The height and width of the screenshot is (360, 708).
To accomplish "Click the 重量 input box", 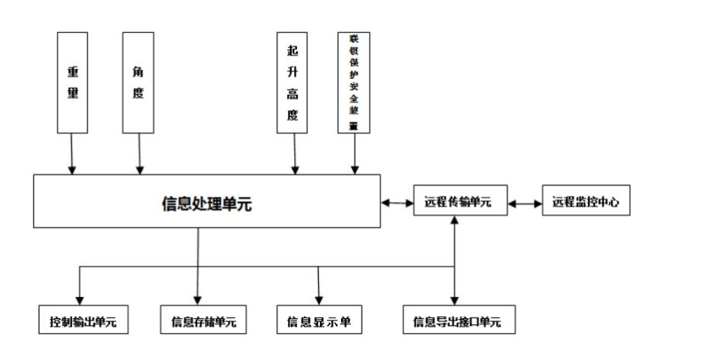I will click(x=73, y=83).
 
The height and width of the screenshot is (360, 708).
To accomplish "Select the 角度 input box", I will click(x=138, y=83).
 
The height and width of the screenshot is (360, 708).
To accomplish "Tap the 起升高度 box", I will click(x=292, y=83).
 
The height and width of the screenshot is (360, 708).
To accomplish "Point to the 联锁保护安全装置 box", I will click(x=353, y=83).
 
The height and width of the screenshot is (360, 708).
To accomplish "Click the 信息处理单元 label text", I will click(x=207, y=203).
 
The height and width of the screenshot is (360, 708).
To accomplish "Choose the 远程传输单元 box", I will click(x=460, y=203).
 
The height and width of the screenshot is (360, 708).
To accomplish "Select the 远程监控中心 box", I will click(x=586, y=203).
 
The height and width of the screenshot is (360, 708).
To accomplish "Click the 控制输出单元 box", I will click(x=83, y=321).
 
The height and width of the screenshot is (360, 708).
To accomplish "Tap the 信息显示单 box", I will click(x=319, y=321).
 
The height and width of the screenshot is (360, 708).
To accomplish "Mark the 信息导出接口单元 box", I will click(x=457, y=321).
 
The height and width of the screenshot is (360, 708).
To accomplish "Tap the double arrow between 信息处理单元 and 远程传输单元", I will click(x=397, y=203).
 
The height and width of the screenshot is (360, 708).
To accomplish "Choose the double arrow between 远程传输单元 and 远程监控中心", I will click(x=525, y=204).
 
